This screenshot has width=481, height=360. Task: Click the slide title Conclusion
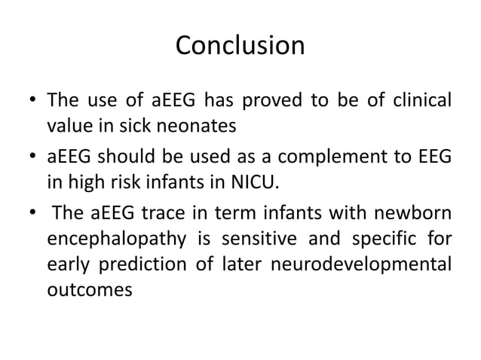click(240, 46)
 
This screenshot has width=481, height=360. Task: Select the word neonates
click(203, 126)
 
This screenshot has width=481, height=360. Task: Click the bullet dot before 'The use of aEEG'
click(31, 100)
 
